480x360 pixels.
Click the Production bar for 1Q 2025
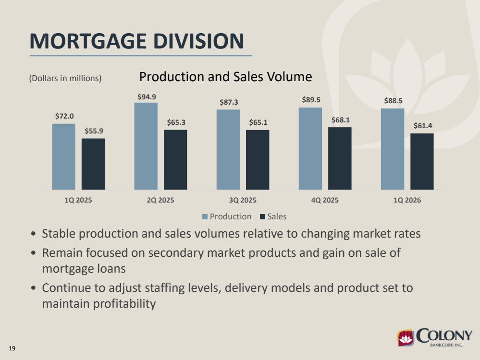coord(64,156)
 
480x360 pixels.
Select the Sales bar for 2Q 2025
coord(175,160)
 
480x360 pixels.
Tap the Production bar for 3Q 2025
coord(228,150)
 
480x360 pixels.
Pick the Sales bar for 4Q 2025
coord(340,158)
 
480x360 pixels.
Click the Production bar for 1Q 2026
coord(393,149)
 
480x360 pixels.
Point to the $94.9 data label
coord(147,97)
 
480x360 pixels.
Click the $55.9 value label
coord(94,131)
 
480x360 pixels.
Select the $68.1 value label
coord(341,120)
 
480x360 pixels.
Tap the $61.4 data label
coord(423,126)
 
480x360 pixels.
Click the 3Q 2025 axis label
coord(243,200)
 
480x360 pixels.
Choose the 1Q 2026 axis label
coord(407,200)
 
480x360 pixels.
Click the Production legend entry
coord(227,216)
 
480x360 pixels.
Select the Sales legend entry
coord(273,216)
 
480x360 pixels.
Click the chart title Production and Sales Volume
coord(226,77)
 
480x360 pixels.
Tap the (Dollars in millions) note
coord(65,78)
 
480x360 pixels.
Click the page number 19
coord(12,348)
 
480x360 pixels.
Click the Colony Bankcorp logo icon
coord(406,337)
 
